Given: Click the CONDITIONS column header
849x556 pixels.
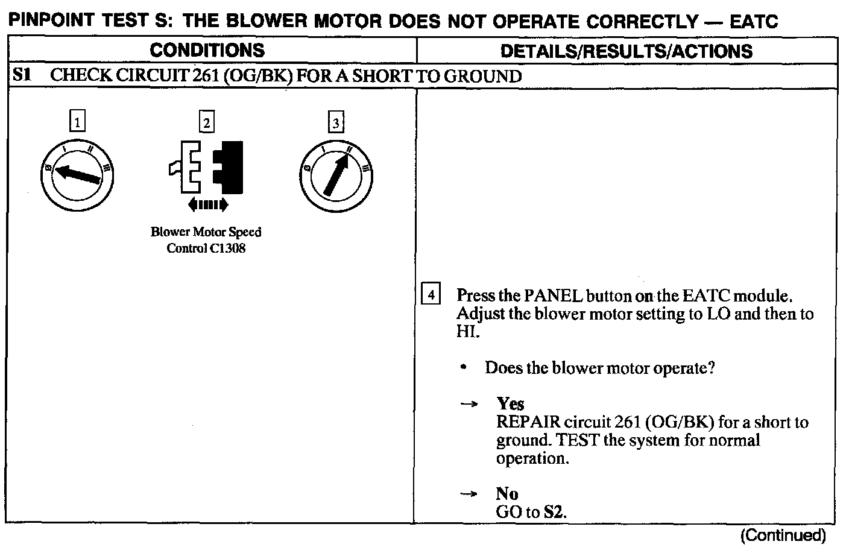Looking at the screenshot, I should tap(207, 50).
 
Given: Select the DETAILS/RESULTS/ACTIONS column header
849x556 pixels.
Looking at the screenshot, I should tap(626, 51).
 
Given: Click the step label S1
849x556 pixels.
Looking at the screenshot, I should tap(22, 76).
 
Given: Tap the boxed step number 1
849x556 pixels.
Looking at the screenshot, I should tap(77, 123).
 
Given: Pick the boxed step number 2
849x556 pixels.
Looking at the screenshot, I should tap(207, 123).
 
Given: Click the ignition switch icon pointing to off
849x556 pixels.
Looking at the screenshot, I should tap(77, 175).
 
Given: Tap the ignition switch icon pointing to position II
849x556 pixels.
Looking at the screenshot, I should tap(335, 176).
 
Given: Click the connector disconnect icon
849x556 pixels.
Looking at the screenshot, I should tap(207, 167).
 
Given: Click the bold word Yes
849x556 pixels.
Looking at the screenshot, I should tap(510, 403).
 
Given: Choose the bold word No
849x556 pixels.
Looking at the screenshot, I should tap(507, 494).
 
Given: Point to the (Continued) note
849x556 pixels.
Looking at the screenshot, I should tap(783, 535).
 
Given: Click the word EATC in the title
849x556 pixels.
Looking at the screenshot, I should tap(753, 22).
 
